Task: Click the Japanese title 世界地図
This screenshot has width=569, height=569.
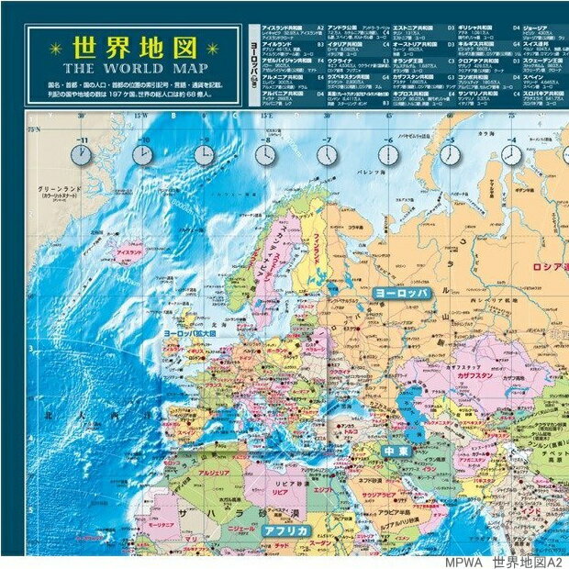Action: pos(135,47)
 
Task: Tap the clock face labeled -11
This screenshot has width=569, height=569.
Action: pos(82,155)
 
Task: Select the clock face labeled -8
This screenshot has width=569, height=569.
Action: pos(265,154)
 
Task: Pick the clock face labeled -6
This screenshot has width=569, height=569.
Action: pos(389,154)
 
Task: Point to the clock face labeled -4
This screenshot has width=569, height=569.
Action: pos(511,154)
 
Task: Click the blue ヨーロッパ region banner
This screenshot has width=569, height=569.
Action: pos(401,292)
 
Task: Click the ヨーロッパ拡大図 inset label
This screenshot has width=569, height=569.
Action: pos(190,333)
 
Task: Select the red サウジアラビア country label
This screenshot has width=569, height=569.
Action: pos(378,495)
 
